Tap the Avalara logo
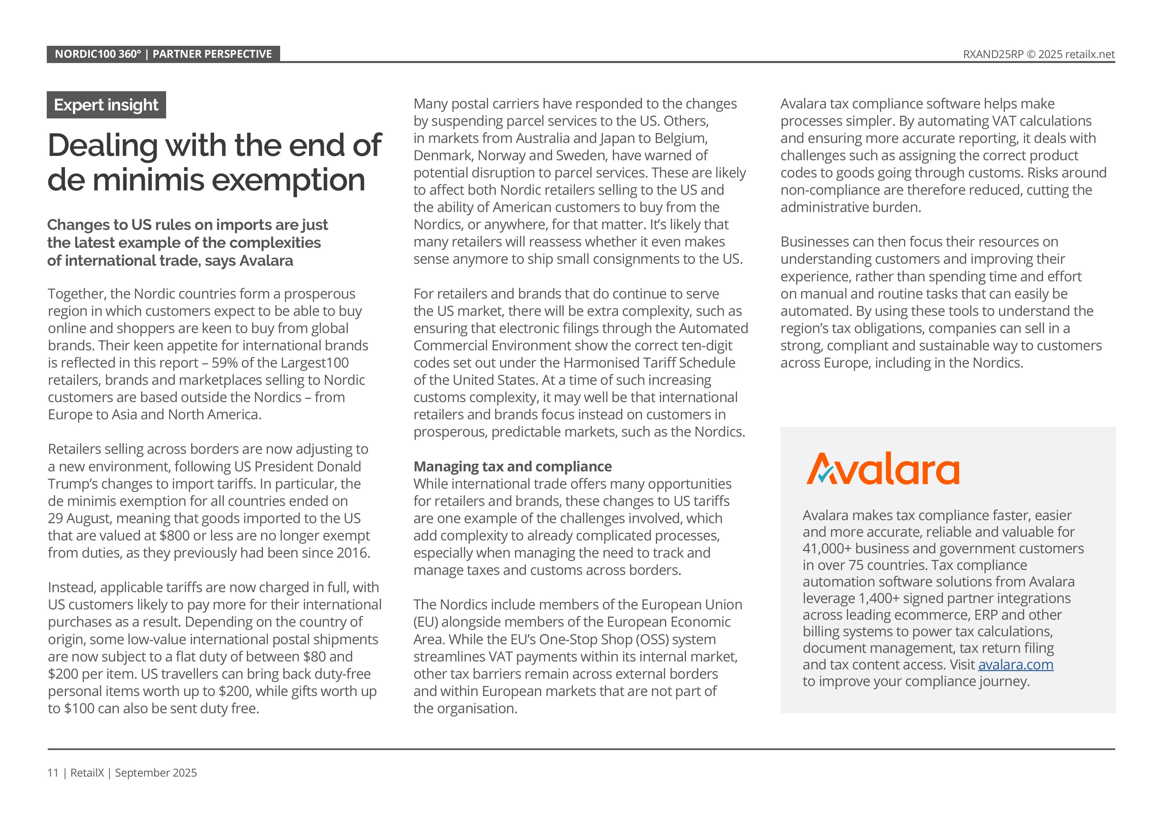883,469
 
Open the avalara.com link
1015,664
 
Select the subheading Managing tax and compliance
512,466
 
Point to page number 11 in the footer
53,773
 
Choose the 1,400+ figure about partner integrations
879,598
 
